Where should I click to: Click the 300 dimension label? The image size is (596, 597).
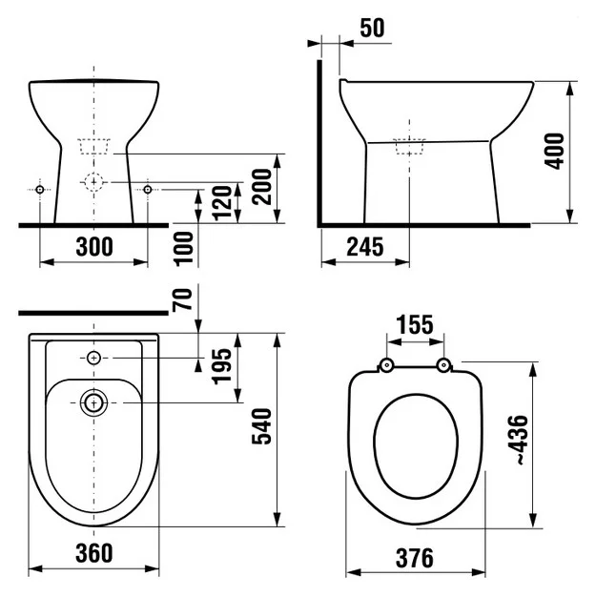[94, 247]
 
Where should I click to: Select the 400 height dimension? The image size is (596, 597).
[554, 151]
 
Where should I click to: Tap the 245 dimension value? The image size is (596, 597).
[365, 247]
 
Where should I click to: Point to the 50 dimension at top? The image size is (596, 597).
[372, 28]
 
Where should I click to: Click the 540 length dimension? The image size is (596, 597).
[261, 426]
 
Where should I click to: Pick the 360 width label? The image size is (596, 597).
[94, 553]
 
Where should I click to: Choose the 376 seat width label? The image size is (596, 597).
[415, 558]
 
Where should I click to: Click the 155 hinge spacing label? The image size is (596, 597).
[415, 325]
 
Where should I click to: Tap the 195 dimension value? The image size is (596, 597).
[221, 366]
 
